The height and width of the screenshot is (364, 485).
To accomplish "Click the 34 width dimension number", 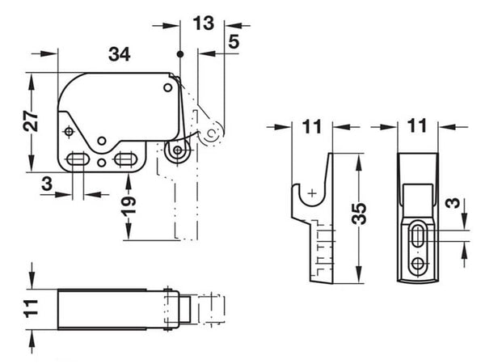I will tap(120, 54).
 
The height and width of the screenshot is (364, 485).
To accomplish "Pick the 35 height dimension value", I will tap(361, 215).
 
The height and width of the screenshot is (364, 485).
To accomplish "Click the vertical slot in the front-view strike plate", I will tap(418, 235).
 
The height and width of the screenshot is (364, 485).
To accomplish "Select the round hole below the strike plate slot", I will tap(418, 264).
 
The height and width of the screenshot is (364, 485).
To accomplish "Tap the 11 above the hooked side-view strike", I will tap(312, 126).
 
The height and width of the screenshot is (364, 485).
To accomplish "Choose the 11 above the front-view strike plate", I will tap(417, 126).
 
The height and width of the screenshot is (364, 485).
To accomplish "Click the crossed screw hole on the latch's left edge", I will tap(70, 130).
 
